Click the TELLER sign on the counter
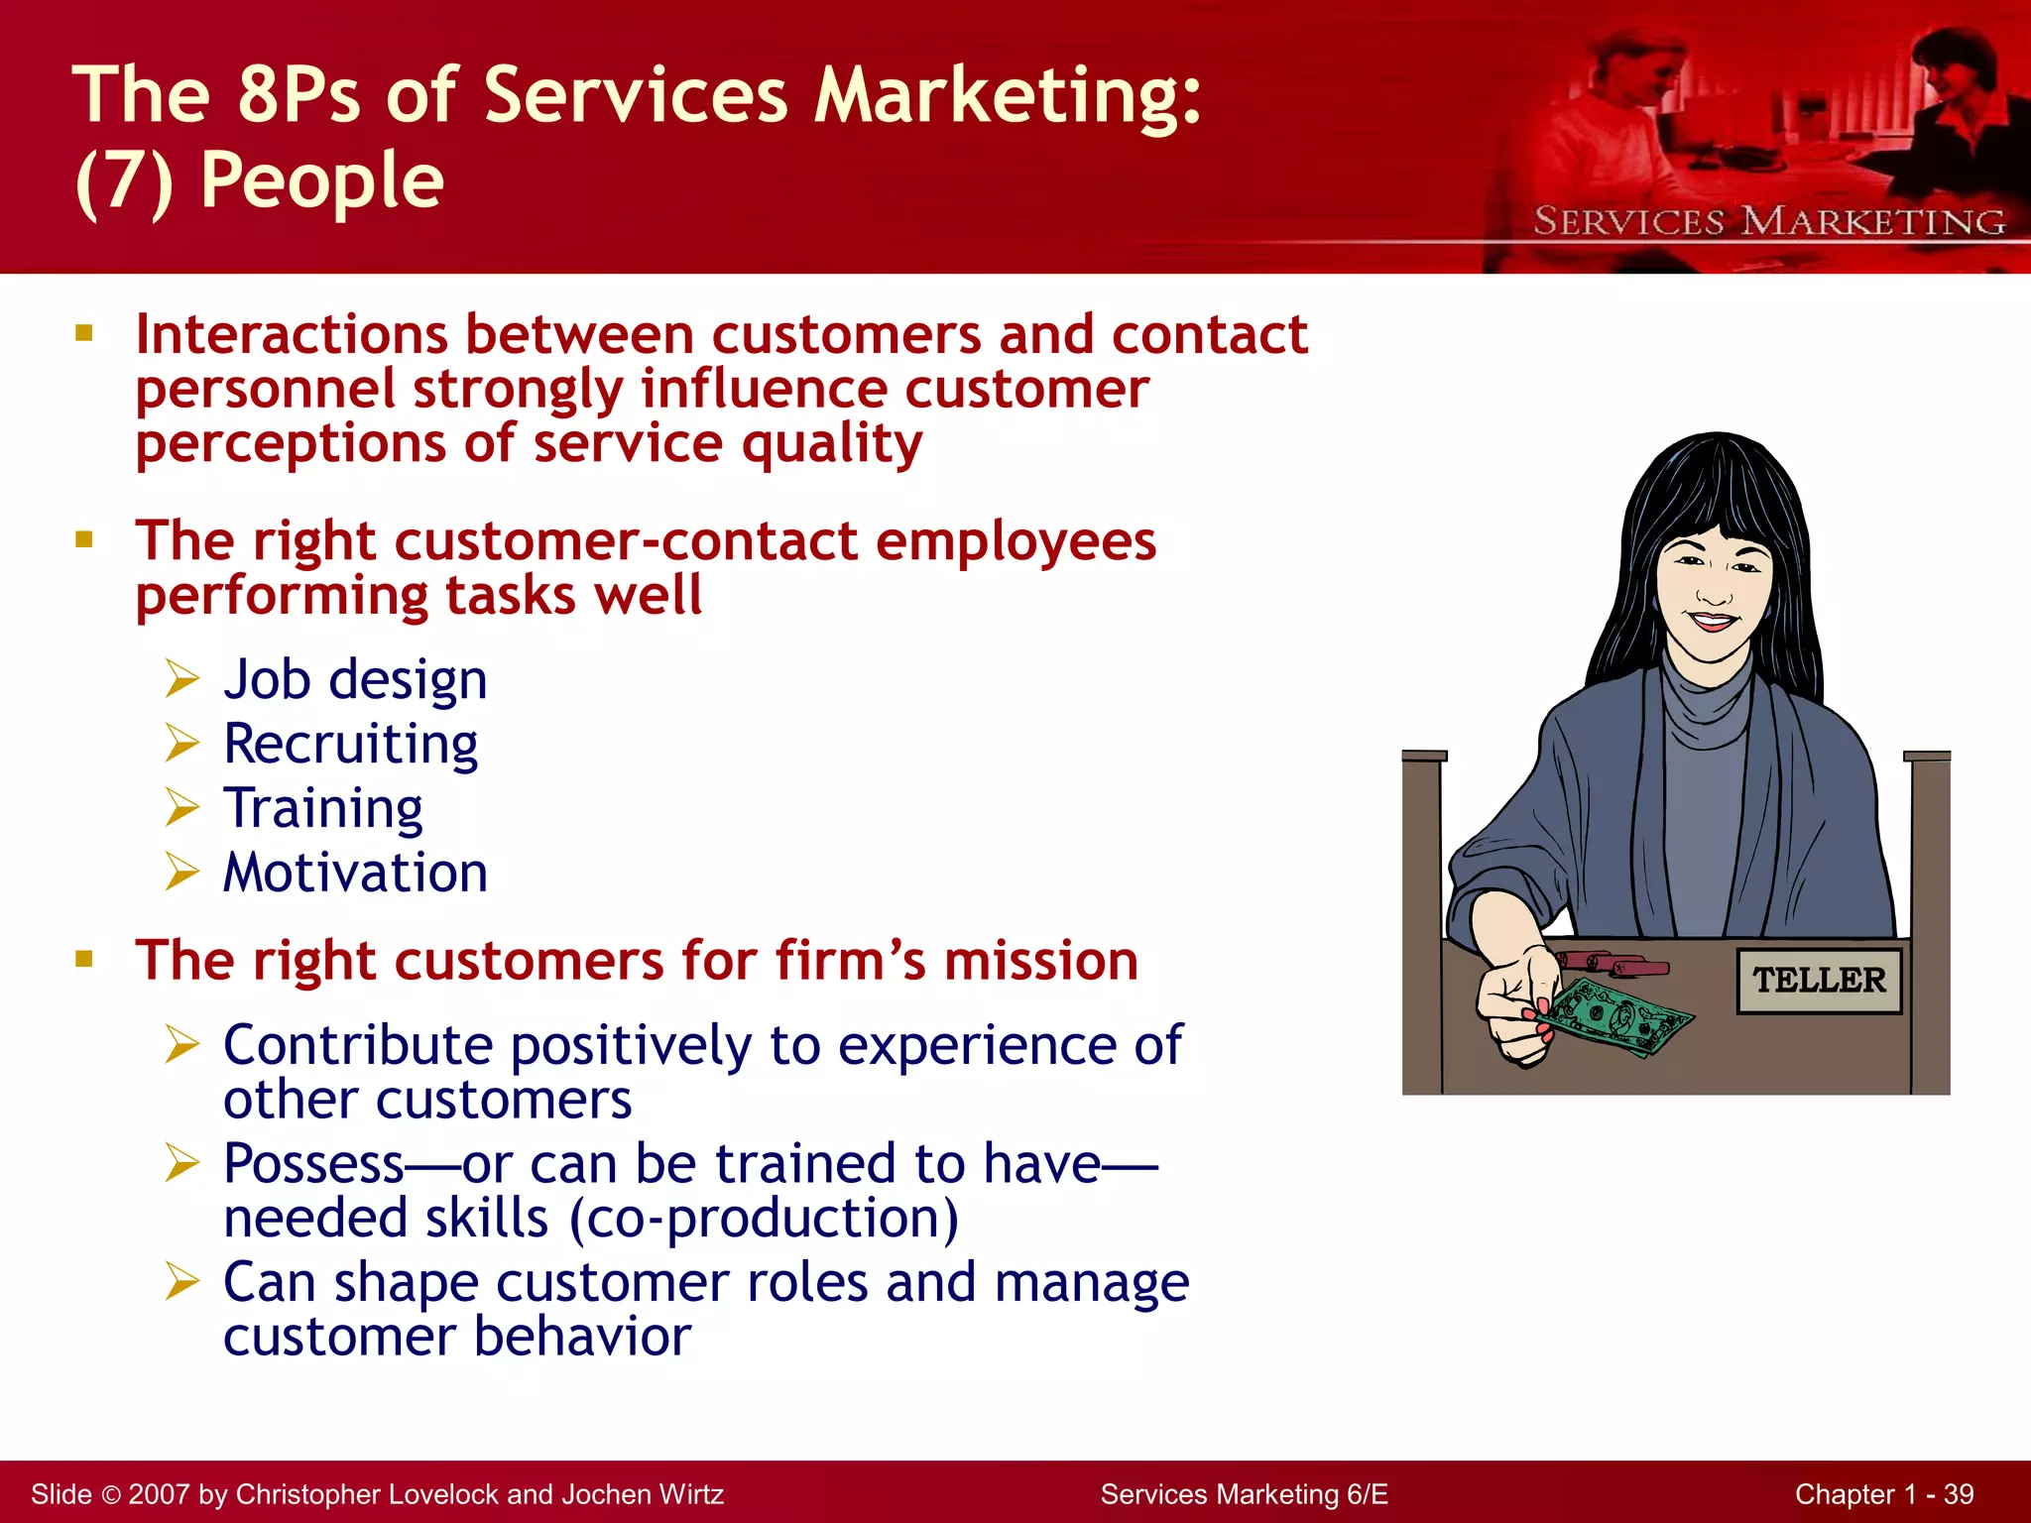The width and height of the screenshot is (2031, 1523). pyautogui.click(x=1819, y=980)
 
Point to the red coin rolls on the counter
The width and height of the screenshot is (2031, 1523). pyautogui.click(x=1611, y=963)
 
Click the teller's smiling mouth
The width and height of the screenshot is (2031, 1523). pyautogui.click(x=1713, y=623)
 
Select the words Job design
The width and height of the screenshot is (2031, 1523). pyautogui.click(x=355, y=680)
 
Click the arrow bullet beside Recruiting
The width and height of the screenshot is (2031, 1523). pyautogui.click(x=182, y=743)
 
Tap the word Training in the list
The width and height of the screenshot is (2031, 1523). pyautogui.click(x=323, y=808)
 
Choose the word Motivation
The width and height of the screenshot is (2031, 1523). pyautogui.click(x=355, y=873)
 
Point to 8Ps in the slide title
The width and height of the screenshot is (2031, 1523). pyautogui.click(x=298, y=95)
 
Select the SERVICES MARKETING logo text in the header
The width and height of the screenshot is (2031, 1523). pyautogui.click(x=1769, y=221)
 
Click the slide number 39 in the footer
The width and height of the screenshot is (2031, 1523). pyautogui.click(x=1958, y=1494)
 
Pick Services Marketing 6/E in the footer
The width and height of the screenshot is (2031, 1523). pyautogui.click(x=1244, y=1494)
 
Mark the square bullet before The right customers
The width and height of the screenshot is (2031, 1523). pyautogui.click(x=84, y=959)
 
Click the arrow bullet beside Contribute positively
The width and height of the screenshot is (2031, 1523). pyautogui.click(x=182, y=1044)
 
